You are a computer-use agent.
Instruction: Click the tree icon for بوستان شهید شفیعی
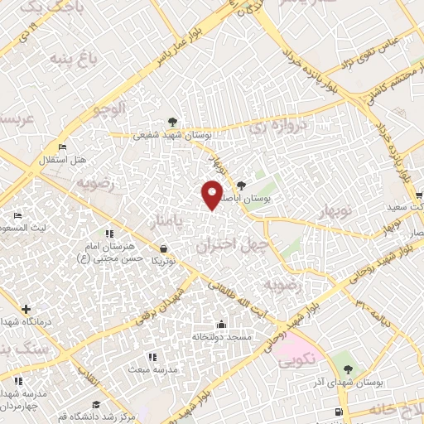[x=171, y=122]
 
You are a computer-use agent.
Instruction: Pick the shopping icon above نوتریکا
[x=163, y=248]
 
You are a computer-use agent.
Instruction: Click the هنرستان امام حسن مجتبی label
[x=110, y=253]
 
